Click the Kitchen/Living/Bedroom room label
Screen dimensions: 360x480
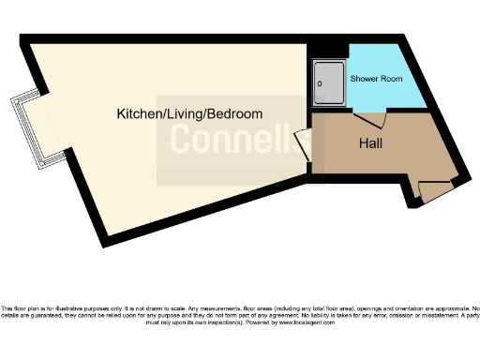click(188, 113)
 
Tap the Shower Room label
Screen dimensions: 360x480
click(376, 79)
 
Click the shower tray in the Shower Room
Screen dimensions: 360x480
click(328, 82)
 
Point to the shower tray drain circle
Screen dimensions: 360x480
click(320, 83)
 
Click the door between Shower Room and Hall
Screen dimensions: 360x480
click(370, 119)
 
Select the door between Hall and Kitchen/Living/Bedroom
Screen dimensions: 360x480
click(304, 145)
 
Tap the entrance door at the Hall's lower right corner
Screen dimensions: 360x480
click(433, 190)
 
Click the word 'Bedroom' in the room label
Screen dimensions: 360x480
click(233, 113)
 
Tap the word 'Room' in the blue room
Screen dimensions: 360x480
click(392, 79)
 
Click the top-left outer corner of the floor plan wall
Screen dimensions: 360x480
click(22, 38)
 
